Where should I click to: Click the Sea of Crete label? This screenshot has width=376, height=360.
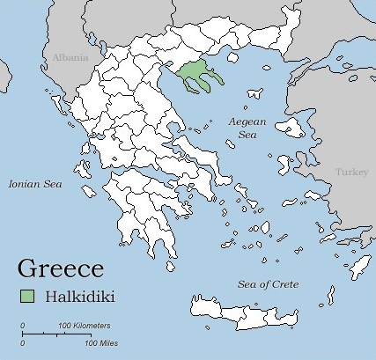click(x=269, y=284)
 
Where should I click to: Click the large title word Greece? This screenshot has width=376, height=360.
click(x=61, y=268)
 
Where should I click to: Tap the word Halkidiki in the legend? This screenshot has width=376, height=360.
click(x=85, y=297)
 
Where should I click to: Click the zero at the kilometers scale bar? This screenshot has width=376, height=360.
click(x=22, y=327)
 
